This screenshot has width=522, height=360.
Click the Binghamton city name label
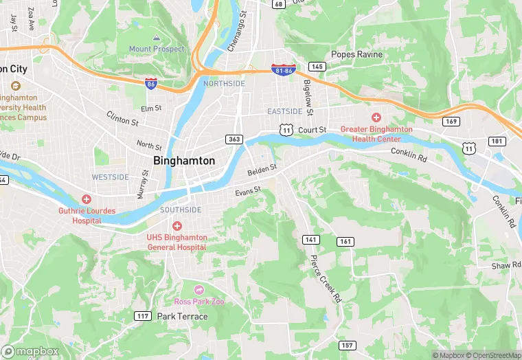click(x=184, y=161)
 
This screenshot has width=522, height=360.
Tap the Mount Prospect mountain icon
click(x=157, y=37)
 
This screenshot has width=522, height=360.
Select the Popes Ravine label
click(x=356, y=54)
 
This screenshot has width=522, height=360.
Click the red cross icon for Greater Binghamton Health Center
click(x=376, y=117)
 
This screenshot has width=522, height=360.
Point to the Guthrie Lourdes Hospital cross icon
click(x=87, y=199)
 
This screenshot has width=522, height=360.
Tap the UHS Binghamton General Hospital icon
click(x=177, y=226)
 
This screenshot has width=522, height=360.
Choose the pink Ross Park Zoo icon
click(x=200, y=291)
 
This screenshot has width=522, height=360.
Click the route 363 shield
click(x=234, y=139)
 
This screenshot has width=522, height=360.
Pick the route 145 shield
click(x=317, y=67)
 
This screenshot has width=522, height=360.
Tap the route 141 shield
click(x=311, y=239)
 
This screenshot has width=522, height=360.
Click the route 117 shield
click(x=143, y=316)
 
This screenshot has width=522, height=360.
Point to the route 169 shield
click(x=451, y=122)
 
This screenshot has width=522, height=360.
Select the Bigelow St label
click(x=309, y=97)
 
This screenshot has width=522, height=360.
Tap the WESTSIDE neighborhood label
click(x=111, y=177)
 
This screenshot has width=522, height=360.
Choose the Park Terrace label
click(x=182, y=316)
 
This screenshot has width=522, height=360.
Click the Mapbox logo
click(x=30, y=351)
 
